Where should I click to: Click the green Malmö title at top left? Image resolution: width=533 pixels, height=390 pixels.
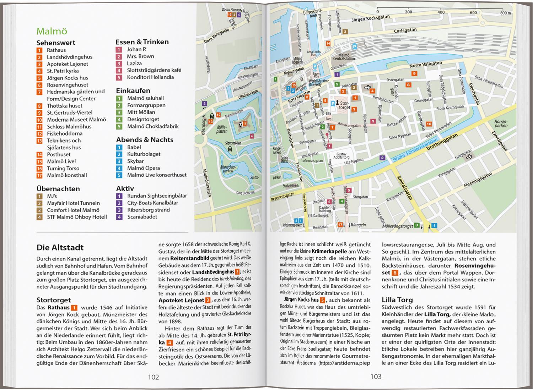point(52,31)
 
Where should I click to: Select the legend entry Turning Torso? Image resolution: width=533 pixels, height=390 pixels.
point(63,168)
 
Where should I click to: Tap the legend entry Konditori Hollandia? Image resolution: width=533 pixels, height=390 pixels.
point(150,77)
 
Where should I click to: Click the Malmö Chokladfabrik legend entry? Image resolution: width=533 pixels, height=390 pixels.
point(153,126)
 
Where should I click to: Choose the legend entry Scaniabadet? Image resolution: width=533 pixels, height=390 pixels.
point(142,217)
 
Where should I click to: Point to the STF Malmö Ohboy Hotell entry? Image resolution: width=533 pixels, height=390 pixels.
point(77,217)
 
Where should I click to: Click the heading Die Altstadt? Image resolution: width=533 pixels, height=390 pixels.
point(60,247)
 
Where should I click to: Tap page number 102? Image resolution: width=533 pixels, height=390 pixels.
point(153,377)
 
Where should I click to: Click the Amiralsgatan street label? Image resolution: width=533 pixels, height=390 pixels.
point(404,188)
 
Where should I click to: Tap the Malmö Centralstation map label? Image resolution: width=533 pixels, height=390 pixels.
point(344,57)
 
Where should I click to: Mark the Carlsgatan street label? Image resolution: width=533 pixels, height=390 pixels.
point(405,31)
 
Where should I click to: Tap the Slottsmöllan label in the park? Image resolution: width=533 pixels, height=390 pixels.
point(233,143)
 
